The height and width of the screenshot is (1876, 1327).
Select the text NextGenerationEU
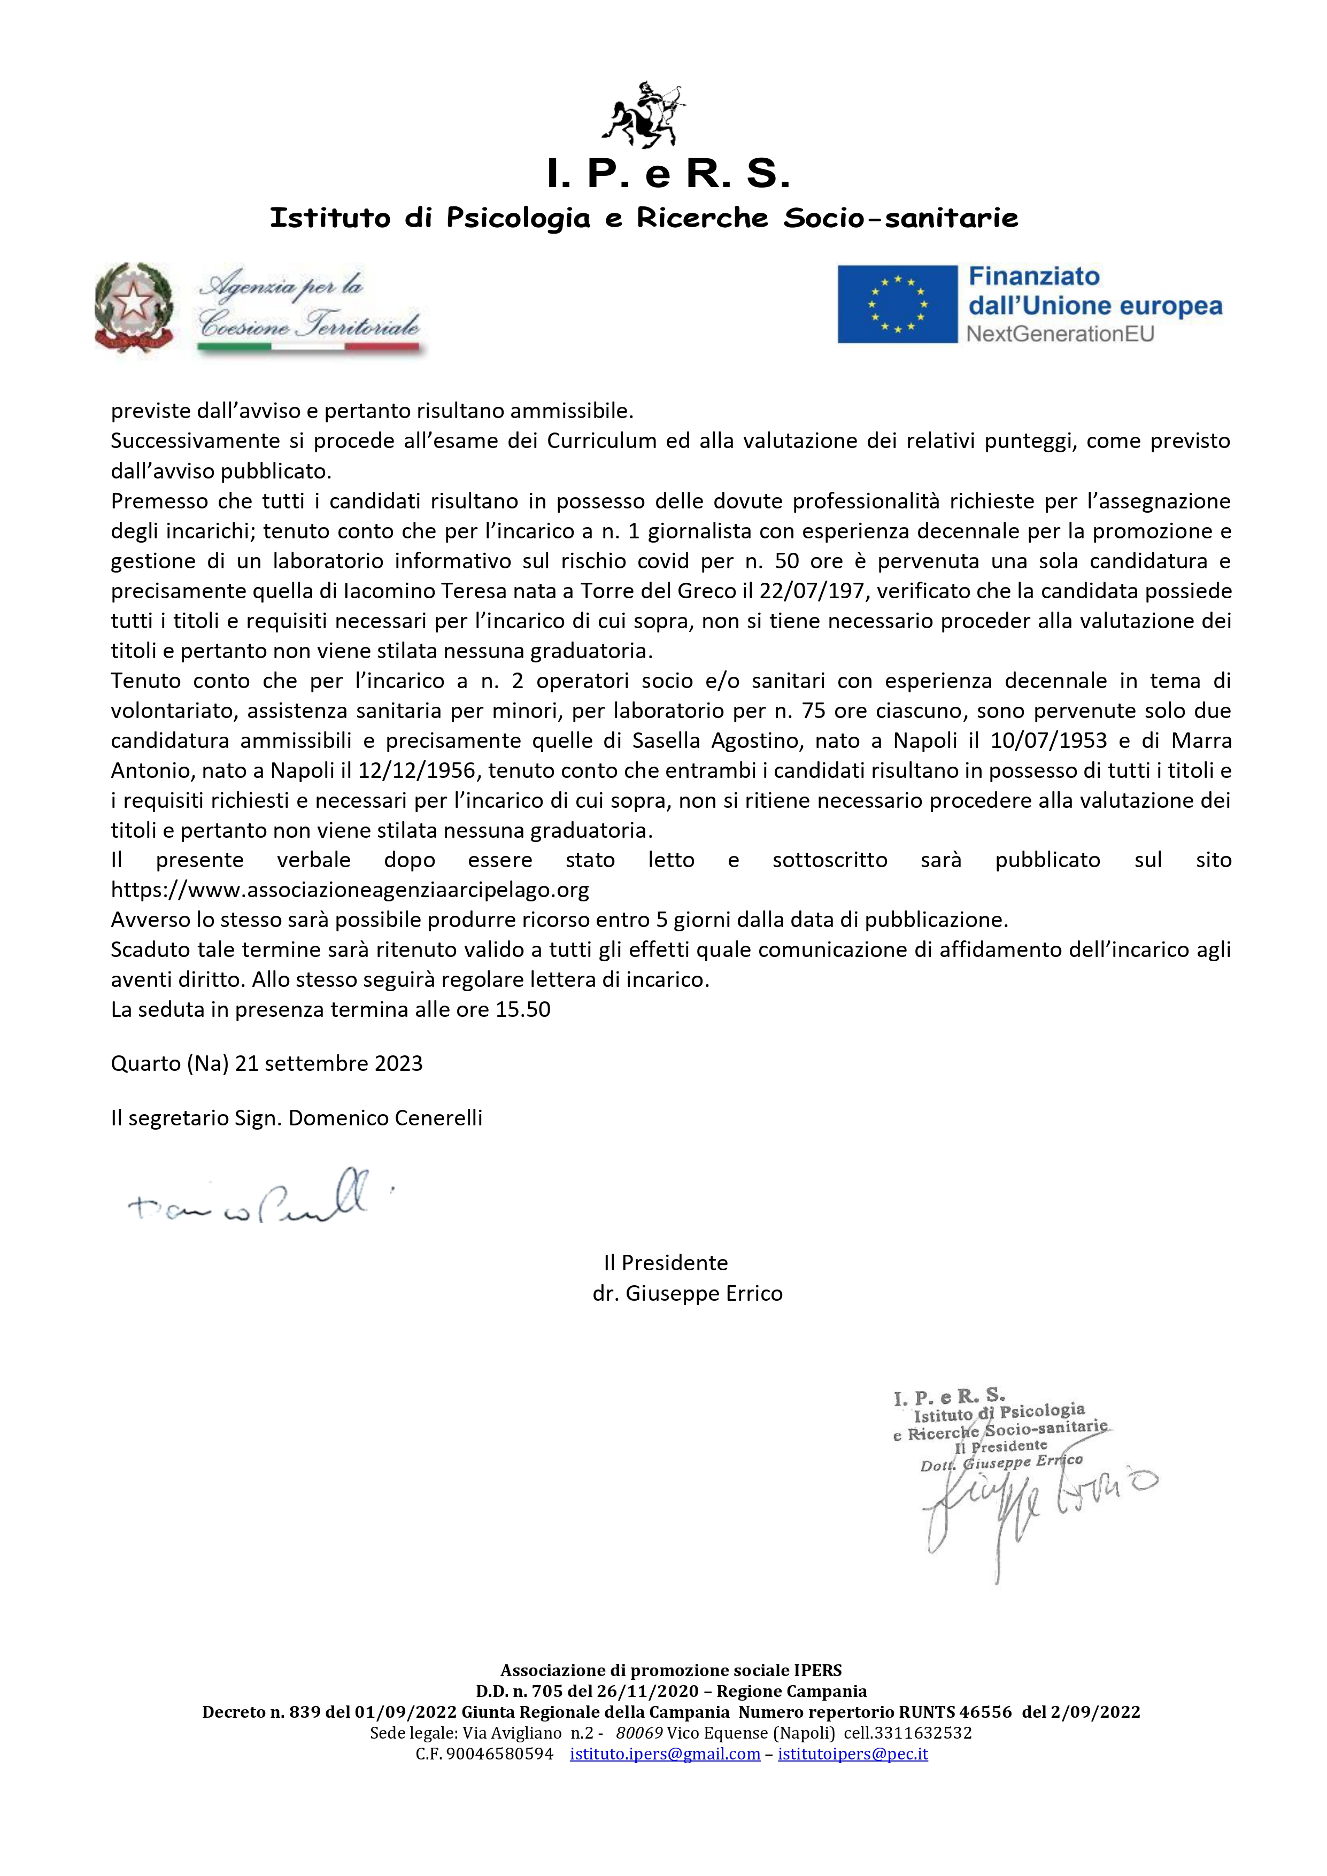pyautogui.click(x=1060, y=334)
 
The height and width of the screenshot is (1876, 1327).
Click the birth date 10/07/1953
pyautogui.click(x=1048, y=741)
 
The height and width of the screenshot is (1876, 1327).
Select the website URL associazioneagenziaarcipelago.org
pyautogui.click(x=350, y=890)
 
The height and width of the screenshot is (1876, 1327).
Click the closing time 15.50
pyautogui.click(x=523, y=1010)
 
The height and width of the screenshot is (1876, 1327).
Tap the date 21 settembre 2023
pyautogui.click(x=328, y=1064)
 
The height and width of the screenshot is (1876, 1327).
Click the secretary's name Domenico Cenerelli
pyautogui.click(x=385, y=1118)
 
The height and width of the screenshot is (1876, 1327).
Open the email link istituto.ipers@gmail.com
pyautogui.click(x=665, y=1754)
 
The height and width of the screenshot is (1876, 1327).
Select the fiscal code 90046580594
pyautogui.click(x=499, y=1754)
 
